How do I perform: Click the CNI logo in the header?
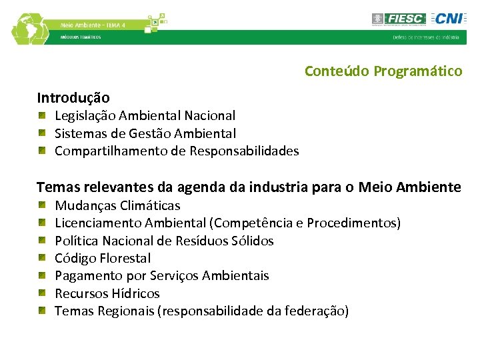(445, 19)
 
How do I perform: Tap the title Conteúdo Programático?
(383, 71)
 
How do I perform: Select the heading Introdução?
(73, 98)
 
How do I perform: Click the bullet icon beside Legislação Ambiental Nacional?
(41, 116)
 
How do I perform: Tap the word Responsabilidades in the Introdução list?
(244, 151)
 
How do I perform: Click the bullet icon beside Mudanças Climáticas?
(41, 205)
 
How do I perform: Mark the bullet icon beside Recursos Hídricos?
(41, 293)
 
